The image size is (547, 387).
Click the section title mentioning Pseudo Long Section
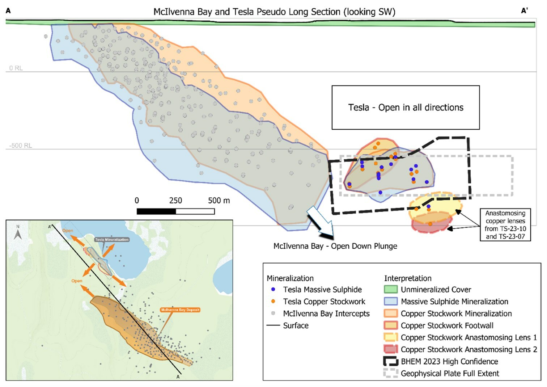274,12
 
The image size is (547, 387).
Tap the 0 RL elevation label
16,68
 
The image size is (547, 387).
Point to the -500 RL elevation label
21,146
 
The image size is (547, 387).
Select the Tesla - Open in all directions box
406,108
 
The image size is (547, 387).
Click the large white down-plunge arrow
320,222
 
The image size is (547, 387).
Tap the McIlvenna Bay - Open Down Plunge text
335,246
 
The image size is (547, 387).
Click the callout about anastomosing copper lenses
505,225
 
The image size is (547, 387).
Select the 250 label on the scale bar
175,201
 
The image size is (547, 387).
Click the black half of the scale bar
156,211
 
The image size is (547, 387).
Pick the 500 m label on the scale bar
219,201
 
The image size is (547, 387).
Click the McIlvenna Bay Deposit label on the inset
180,310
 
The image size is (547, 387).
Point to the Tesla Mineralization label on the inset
112,240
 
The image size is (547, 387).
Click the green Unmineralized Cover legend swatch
391,290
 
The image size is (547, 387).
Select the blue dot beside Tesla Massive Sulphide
273,290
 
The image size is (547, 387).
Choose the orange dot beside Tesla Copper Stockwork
273,302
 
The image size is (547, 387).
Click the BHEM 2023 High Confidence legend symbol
391,361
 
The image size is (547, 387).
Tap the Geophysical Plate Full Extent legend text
450,374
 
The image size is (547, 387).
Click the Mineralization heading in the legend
290,278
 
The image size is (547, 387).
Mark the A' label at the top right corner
524,11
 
